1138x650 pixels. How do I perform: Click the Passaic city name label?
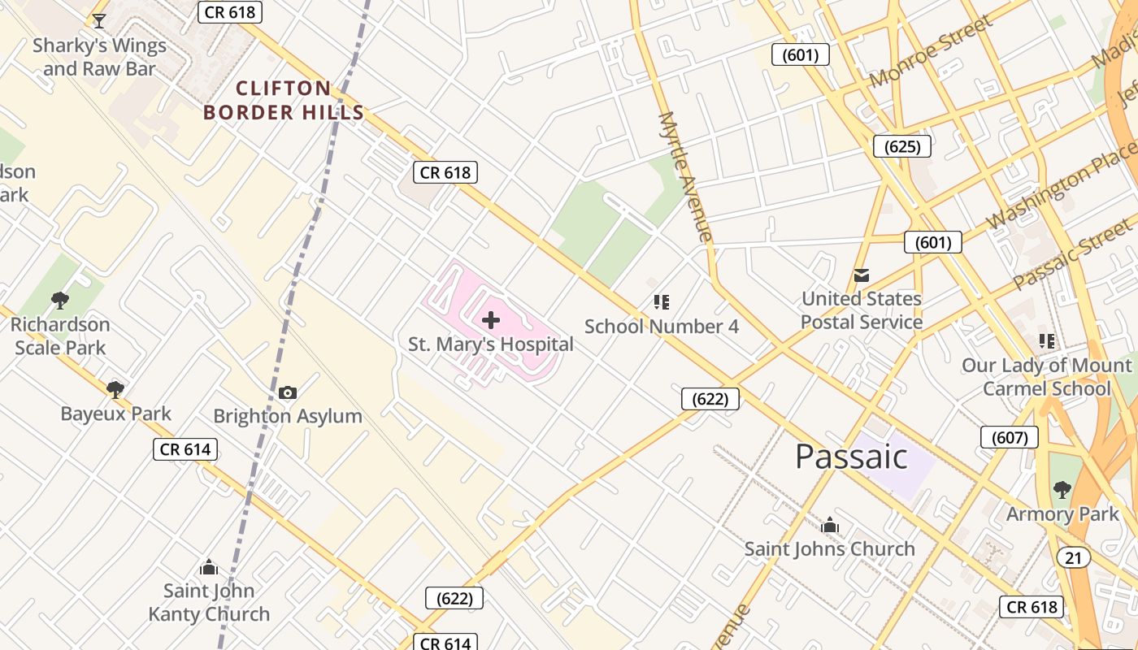click(851, 457)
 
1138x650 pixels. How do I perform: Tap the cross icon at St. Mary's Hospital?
click(491, 319)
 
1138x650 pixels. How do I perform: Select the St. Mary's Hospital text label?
click(491, 344)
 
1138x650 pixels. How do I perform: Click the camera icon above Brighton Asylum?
click(288, 393)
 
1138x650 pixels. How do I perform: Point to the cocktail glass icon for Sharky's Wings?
click(99, 21)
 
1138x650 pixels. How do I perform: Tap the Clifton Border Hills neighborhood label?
click(284, 101)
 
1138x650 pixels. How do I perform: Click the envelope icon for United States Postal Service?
click(862, 275)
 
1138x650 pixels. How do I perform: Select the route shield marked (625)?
click(901, 146)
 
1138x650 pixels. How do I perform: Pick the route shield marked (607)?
click(1010, 437)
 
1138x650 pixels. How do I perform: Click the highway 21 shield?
click(1074, 557)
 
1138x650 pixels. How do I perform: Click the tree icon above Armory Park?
click(1062, 489)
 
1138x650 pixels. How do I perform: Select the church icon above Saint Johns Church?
click(830, 526)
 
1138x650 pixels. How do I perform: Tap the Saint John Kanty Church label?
click(209, 603)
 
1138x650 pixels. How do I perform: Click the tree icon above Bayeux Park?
click(115, 389)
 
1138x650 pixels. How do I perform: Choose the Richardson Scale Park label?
click(60, 336)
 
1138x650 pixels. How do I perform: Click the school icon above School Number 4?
click(662, 302)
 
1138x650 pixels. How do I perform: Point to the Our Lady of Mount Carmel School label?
click(1047, 377)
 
